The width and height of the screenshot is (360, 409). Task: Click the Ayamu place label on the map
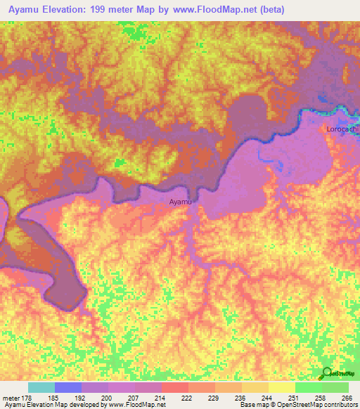click(181, 202)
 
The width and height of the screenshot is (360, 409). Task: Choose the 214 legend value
click(161, 398)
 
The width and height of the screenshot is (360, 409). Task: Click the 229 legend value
click(214, 398)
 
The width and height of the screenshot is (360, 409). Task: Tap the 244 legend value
click(267, 398)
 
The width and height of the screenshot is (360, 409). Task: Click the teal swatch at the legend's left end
click(41, 387)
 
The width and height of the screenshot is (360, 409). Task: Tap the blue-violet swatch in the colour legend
click(68, 387)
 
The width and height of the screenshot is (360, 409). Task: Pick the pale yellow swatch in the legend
click(281, 387)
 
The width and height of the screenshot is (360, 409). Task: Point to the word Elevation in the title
click(67, 9)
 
